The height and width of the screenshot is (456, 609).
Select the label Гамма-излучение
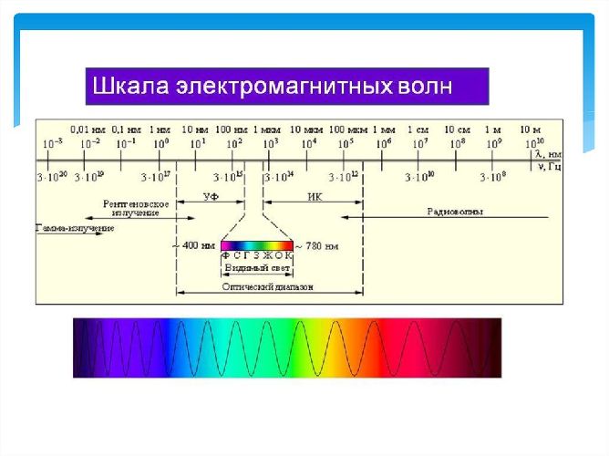coord(75,227)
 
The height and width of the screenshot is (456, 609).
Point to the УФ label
coord(210,196)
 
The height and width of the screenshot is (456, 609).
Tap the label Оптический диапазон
coord(268,285)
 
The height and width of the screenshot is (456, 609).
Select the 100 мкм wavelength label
coord(346,129)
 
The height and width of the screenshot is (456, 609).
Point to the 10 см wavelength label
coord(456,129)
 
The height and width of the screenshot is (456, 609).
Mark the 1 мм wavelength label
coord(384,129)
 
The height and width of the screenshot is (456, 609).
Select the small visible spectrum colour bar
coord(257,245)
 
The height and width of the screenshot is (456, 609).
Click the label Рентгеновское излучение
coord(136,207)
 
